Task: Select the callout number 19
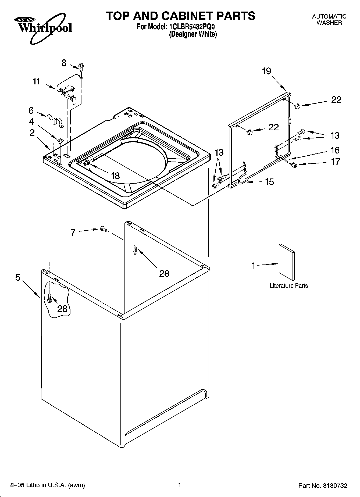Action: (266, 71)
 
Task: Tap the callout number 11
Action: (36, 81)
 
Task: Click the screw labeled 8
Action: (80, 66)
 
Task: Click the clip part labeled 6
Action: (55, 120)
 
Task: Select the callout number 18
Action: (115, 176)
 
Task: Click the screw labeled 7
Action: (104, 229)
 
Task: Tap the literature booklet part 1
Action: (287, 262)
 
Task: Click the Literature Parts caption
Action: (289, 285)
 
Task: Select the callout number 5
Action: (18, 277)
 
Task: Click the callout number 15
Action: (269, 182)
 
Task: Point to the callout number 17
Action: (335, 162)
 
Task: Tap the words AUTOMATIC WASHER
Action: (329, 20)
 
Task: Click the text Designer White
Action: (193, 34)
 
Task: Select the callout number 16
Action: (335, 150)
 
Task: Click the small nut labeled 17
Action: (294, 165)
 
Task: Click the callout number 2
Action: (32, 133)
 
